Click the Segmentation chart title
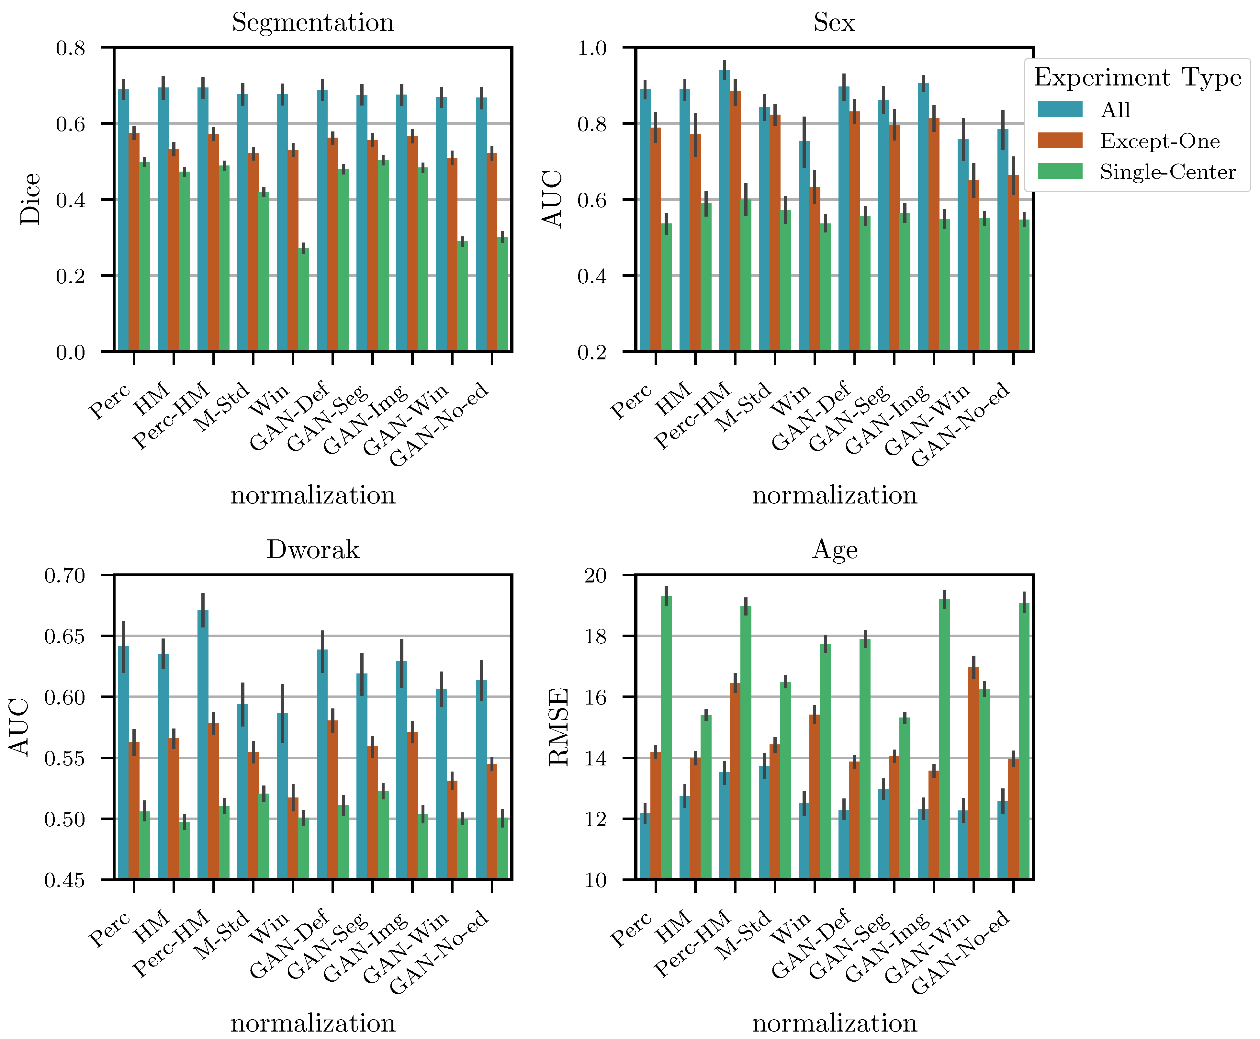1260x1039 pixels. pos(313,23)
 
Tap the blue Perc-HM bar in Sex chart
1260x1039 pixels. pos(725,209)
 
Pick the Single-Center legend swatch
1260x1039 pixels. pos(1060,171)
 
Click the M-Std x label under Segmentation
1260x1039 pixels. pos(221,407)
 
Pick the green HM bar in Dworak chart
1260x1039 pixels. pos(184,850)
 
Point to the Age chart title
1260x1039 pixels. pos(835,549)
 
